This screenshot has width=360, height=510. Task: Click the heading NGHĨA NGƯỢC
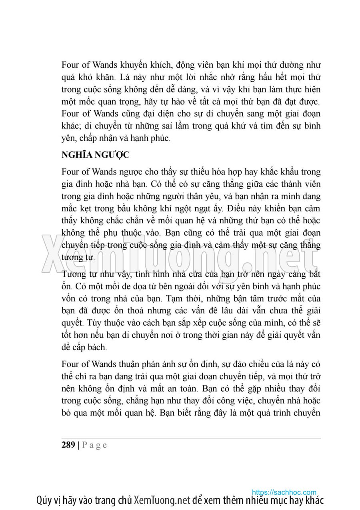(95, 155)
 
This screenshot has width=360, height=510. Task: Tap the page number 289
(68, 444)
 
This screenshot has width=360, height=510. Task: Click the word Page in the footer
(95, 445)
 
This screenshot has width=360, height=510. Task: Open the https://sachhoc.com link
(284, 492)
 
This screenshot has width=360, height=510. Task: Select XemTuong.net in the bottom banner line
(162, 500)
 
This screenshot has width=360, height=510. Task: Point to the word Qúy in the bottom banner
(44, 500)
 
